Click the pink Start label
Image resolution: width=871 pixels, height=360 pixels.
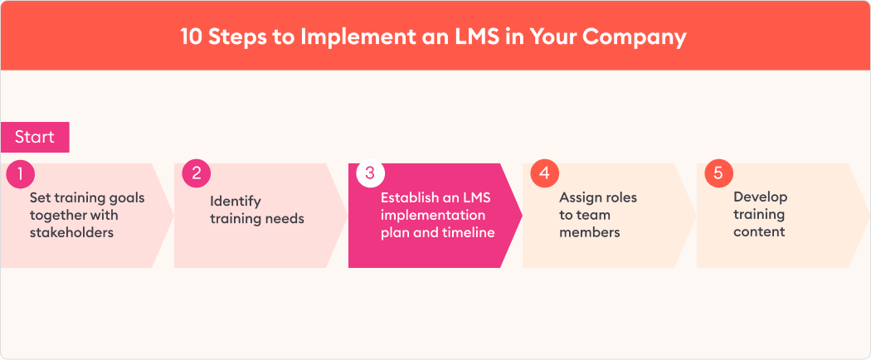tap(35, 137)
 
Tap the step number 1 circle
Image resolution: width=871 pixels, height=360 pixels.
tap(20, 174)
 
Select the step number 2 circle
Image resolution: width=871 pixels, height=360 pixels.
tap(196, 173)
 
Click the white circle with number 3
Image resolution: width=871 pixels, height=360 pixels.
tap(370, 173)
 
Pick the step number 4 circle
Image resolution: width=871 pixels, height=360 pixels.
tap(544, 173)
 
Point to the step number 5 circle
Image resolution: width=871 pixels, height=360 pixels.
tap(719, 173)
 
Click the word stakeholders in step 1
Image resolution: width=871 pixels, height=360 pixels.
tap(71, 232)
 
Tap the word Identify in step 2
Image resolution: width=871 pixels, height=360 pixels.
tap(235, 201)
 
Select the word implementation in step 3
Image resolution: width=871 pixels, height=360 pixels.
tap(433, 215)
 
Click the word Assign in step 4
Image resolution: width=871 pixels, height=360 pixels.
tap(578, 197)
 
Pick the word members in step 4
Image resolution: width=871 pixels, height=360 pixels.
tap(589, 232)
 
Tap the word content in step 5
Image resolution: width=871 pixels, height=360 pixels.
tap(759, 231)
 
